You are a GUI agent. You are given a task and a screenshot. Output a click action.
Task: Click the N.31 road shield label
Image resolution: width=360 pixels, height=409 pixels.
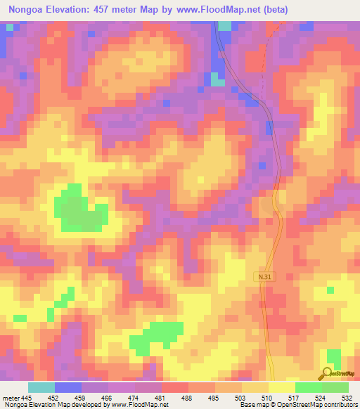[x=263, y=278]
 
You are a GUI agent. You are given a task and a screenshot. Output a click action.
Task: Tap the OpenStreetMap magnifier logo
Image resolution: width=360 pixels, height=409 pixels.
[x=328, y=373]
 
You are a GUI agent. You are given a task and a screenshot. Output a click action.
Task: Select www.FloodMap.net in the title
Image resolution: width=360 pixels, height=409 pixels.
[x=209, y=8]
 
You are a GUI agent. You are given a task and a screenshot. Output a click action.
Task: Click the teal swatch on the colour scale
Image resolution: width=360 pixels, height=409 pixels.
[x=41, y=387]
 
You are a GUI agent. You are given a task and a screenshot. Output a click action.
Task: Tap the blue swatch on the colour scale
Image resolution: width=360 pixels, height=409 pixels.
[x=68, y=387]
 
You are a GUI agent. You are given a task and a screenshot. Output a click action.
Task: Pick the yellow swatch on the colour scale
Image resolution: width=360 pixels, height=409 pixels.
[x=281, y=387]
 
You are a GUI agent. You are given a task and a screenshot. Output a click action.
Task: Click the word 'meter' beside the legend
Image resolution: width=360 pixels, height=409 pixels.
[x=10, y=398]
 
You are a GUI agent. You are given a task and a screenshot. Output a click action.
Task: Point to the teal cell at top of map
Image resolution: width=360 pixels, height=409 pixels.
[x=224, y=25]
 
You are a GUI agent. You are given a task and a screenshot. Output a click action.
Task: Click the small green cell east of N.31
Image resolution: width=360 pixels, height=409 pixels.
[x=330, y=289]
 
